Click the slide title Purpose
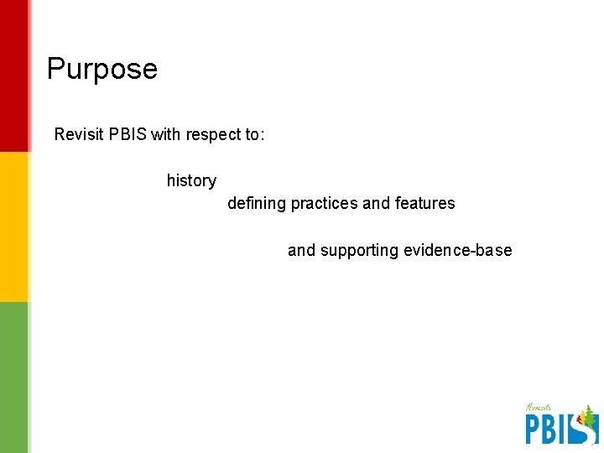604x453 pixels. click(x=102, y=69)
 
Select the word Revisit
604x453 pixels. click(x=80, y=134)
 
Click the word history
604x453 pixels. click(x=191, y=181)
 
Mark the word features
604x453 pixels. click(x=424, y=203)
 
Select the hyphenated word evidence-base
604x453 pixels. click(x=457, y=250)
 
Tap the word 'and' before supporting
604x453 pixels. click(x=302, y=250)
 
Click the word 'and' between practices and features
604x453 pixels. click(x=376, y=203)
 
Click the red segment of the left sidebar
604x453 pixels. click(x=14, y=75)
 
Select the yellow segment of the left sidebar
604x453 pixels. click(x=14, y=226)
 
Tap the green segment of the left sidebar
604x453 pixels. click(x=14, y=377)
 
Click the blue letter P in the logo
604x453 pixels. click(x=534, y=429)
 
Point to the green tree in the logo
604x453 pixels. click(x=589, y=415)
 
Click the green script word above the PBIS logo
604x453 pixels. click(x=538, y=408)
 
